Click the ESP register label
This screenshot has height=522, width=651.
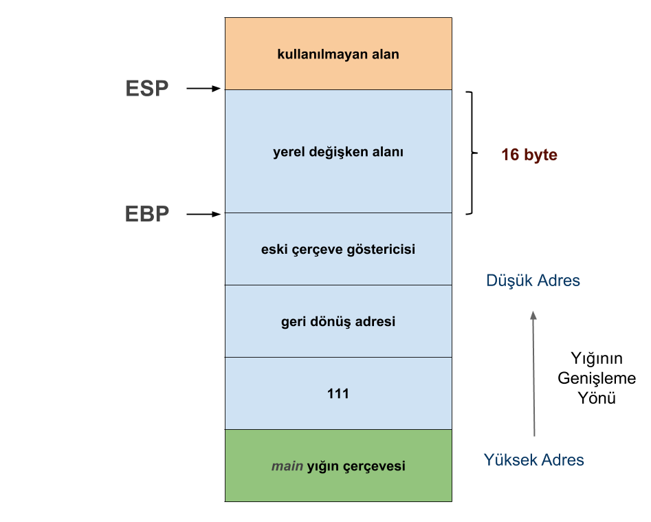pos(147,89)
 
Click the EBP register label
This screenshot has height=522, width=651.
pos(147,214)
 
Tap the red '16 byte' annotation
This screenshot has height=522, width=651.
pos(529,155)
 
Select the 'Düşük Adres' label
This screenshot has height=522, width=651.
pos(533,281)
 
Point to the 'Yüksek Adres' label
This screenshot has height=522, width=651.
pos(533,460)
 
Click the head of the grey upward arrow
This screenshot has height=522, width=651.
pos(533,315)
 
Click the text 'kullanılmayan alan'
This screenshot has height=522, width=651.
pos(338,54)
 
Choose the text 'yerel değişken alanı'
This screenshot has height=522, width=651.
pos(338,152)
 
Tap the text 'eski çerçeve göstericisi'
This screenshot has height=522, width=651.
pos(338,249)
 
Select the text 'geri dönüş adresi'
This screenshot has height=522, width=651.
pos(338,321)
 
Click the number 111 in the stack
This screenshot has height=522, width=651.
pos(338,393)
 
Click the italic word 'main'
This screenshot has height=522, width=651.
pos(287,466)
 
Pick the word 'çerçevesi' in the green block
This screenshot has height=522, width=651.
pos(377,467)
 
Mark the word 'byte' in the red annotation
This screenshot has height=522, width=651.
pos(540,155)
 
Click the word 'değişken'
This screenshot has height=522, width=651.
pos(335,152)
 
